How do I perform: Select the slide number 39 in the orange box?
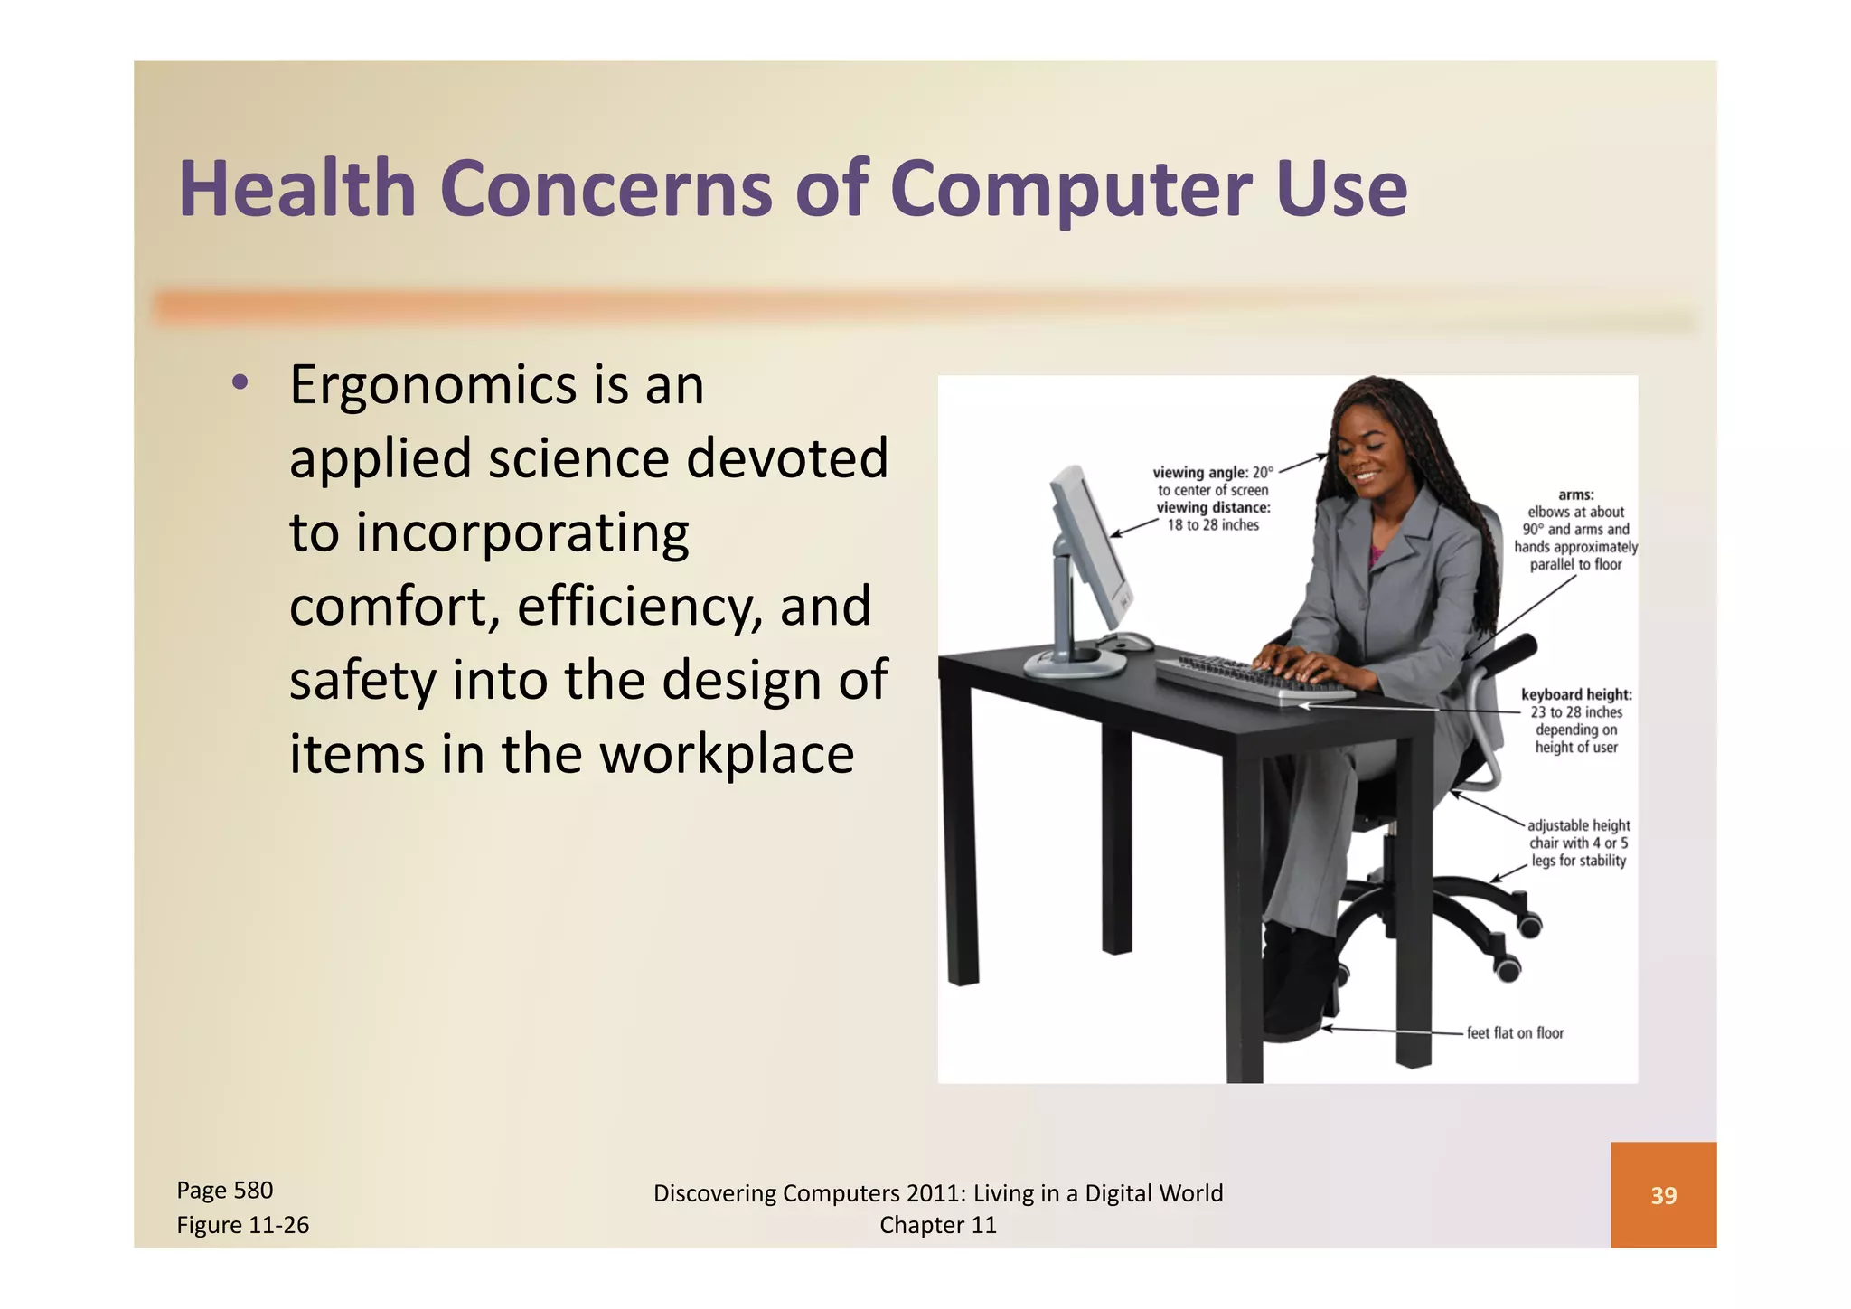(1663, 1195)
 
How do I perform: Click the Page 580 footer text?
(224, 1190)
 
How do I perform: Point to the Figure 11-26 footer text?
(242, 1225)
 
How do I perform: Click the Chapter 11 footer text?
(937, 1225)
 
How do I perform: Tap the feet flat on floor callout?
(1515, 1032)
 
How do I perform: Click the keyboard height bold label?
(1576, 694)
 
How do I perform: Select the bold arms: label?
(1576, 494)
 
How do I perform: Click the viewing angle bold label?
(1199, 472)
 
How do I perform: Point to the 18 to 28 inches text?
(1213, 525)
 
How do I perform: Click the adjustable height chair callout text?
(1578, 843)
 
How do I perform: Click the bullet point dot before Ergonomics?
(240, 383)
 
